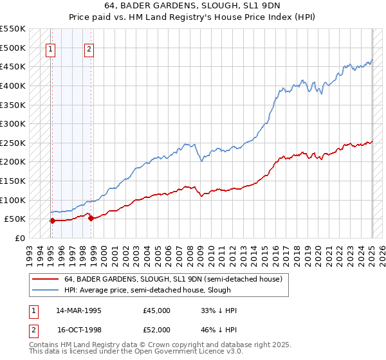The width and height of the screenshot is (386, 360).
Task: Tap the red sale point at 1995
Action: pyautogui.click(x=52, y=221)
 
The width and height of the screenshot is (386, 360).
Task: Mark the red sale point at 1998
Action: pyautogui.click(x=91, y=218)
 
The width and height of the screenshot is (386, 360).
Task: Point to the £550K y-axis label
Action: pyautogui.click(x=12, y=29)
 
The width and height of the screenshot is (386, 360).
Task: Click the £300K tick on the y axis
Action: pyautogui.click(x=12, y=123)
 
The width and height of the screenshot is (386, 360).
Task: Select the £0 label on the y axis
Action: pyautogui.click(x=19, y=238)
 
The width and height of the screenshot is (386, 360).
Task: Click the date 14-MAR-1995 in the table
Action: pyautogui.click(x=79, y=310)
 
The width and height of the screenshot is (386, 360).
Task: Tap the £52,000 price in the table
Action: pyautogui.click(x=157, y=330)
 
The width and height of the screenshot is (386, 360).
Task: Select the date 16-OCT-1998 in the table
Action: pyautogui.click(x=79, y=330)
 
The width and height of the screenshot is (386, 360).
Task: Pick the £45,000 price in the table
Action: pyautogui.click(x=157, y=310)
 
